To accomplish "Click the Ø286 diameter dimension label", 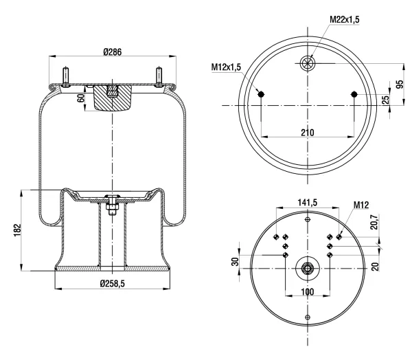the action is [x=113, y=52].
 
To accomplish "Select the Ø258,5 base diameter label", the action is [x=112, y=284].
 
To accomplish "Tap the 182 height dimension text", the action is [x=17, y=230].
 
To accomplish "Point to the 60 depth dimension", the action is [x=81, y=98].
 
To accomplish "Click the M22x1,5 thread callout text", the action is [x=345, y=19].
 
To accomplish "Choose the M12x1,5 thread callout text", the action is [x=226, y=67].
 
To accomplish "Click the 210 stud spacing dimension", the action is [x=308, y=133].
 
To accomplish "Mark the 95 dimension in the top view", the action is [x=400, y=84].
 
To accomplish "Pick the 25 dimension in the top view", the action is [x=385, y=100].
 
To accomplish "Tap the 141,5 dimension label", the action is [x=308, y=202].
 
